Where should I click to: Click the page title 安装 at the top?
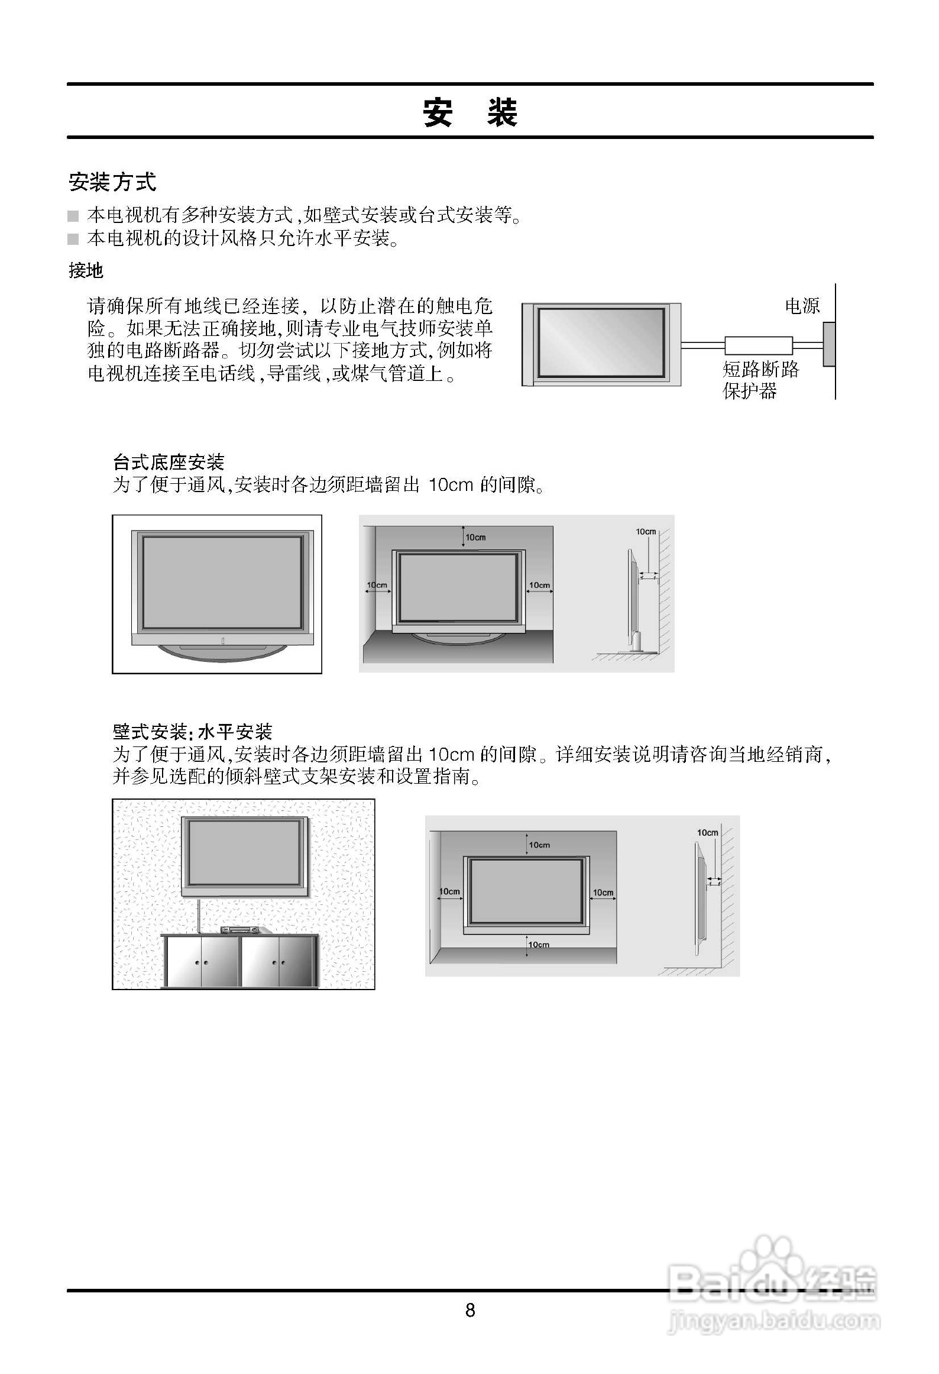469,112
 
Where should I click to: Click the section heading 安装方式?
112,182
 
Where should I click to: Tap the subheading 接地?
86,271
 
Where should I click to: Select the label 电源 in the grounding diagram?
802,306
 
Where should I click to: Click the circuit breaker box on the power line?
759,345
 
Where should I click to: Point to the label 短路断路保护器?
760,380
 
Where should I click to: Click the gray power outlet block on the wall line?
829,344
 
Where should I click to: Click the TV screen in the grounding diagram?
601,343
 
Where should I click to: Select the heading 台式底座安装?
169,462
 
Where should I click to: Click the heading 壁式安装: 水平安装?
192,732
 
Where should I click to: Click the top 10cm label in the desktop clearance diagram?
475,537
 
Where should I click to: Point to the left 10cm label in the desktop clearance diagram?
377,585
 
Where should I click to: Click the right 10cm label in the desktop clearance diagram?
539,585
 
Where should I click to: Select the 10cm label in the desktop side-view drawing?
646,532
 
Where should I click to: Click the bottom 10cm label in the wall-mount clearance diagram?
539,945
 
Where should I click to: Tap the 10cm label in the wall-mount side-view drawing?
707,833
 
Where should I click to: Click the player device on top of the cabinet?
241,930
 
